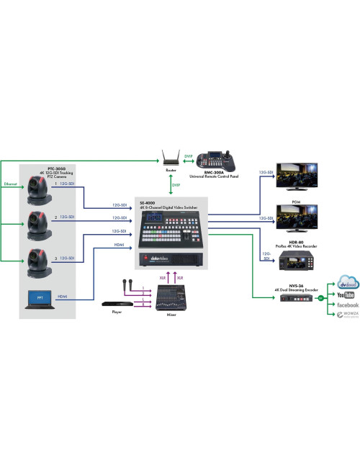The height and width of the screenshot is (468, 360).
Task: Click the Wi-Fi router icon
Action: click(x=171, y=158)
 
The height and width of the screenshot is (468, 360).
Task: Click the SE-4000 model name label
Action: click(x=147, y=202)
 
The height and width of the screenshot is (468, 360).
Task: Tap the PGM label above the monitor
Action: click(x=287, y=202)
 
